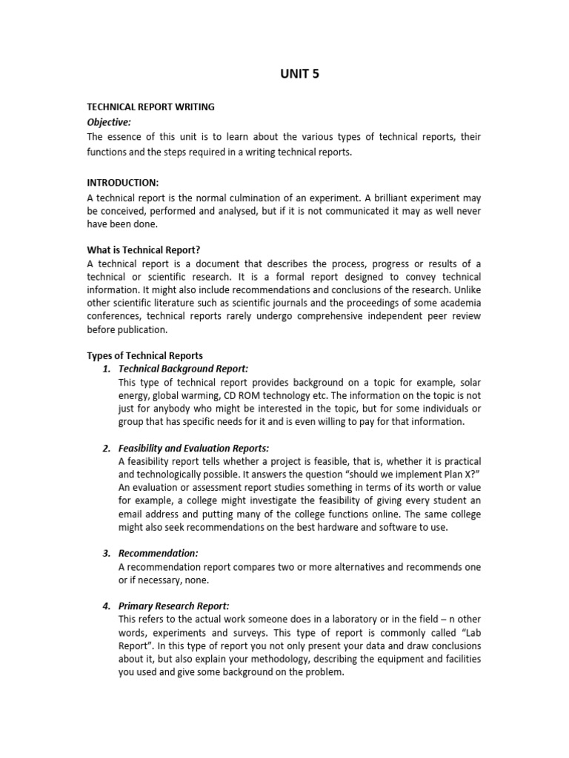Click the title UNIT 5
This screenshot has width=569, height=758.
tap(299, 73)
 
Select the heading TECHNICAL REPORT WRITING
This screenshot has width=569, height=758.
tap(150, 107)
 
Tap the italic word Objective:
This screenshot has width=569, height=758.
tap(109, 121)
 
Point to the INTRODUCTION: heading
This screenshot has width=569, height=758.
tap(123, 182)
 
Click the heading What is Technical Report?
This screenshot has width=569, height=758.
tap(144, 249)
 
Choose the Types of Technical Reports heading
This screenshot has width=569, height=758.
tap(144, 355)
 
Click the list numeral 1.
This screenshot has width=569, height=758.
tap(107, 369)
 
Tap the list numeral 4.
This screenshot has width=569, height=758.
tap(107, 606)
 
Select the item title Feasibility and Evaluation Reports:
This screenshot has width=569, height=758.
tap(193, 449)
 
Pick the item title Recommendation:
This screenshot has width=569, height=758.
tap(159, 553)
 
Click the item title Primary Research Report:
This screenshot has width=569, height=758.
tap(174, 606)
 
